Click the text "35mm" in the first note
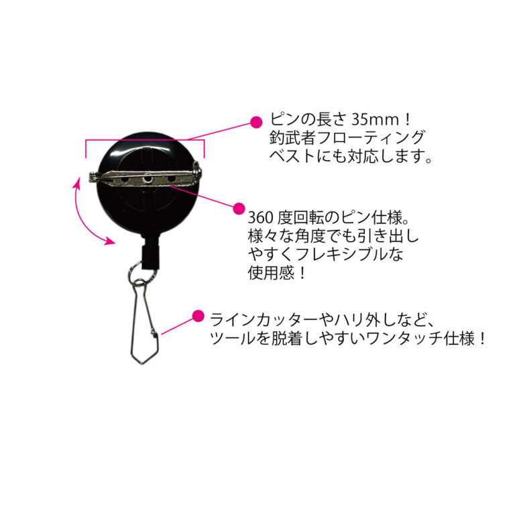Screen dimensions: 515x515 376,119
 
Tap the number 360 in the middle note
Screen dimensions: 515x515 260,217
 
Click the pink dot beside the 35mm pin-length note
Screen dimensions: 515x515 256,122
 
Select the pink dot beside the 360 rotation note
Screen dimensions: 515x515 239,209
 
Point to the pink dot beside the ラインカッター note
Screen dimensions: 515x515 198,316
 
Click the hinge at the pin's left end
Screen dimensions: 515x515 94,178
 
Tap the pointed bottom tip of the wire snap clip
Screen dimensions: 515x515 141,363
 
